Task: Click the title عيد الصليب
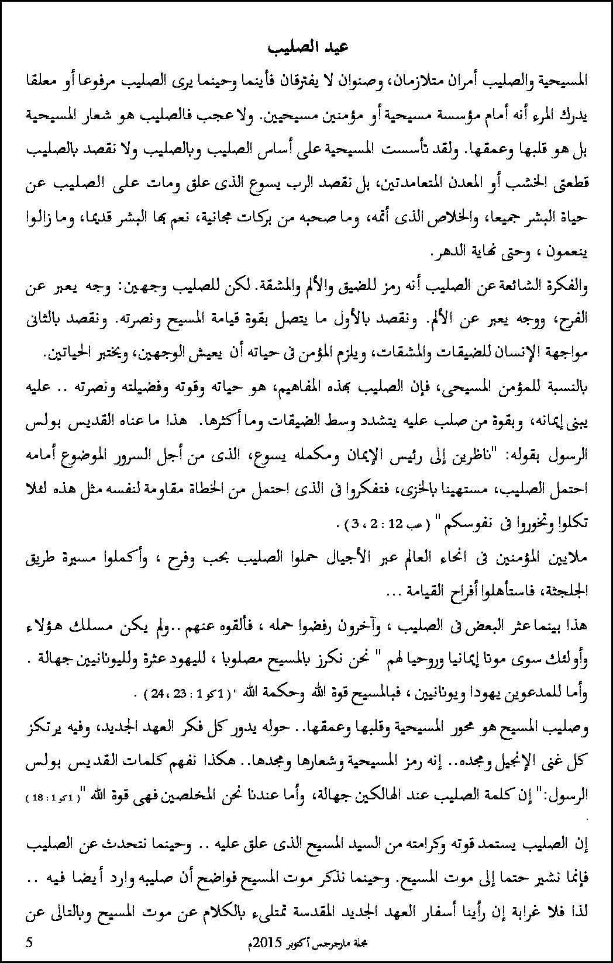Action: point(306,48)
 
